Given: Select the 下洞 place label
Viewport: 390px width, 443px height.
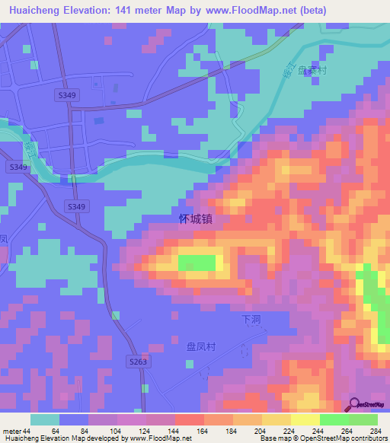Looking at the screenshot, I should pos(251,320).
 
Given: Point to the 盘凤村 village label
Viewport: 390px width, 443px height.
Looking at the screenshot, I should pos(202,346).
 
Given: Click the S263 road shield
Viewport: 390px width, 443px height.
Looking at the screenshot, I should pos(138,362).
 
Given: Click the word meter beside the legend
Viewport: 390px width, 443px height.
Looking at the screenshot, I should pos(12,431).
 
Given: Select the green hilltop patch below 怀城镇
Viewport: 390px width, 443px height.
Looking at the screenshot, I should pos(197,263).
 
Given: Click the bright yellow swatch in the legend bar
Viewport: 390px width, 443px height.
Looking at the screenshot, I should pos(305,419).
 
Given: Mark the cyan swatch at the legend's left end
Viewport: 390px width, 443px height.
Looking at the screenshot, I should pos(45,419).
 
